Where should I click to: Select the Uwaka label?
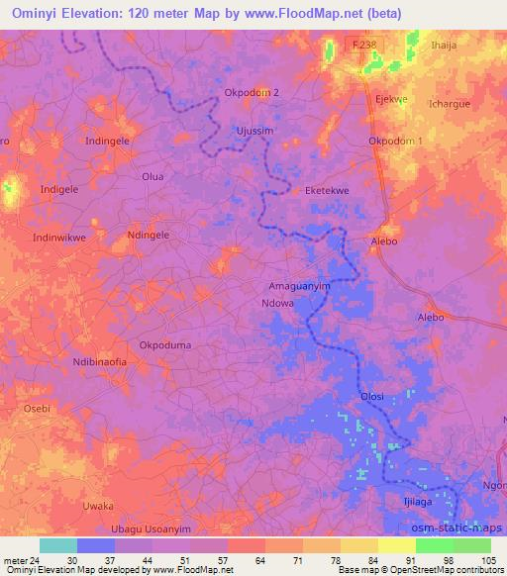pyautogui.click(x=98, y=506)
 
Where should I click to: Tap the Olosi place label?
pyautogui.click(x=371, y=397)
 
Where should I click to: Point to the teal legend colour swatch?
pyautogui.click(x=57, y=545)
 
